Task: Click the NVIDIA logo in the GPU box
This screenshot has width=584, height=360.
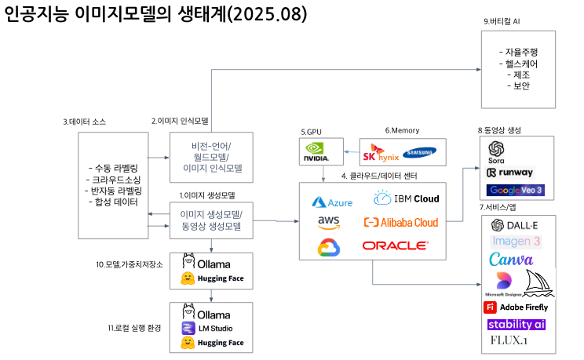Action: pos(316,151)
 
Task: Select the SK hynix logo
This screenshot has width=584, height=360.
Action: pos(381,152)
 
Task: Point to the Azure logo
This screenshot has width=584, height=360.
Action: pos(333,202)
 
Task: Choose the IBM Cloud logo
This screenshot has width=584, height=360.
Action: pos(406,198)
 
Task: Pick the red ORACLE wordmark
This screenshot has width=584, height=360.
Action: pos(395,245)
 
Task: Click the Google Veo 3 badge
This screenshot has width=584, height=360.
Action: pos(515,190)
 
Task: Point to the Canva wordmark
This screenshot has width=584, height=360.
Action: pos(511,260)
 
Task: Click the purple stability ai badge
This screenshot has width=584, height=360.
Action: pos(516,324)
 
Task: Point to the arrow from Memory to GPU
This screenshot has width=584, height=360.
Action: pos(352,150)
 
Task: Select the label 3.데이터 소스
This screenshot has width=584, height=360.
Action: pos(84,122)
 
